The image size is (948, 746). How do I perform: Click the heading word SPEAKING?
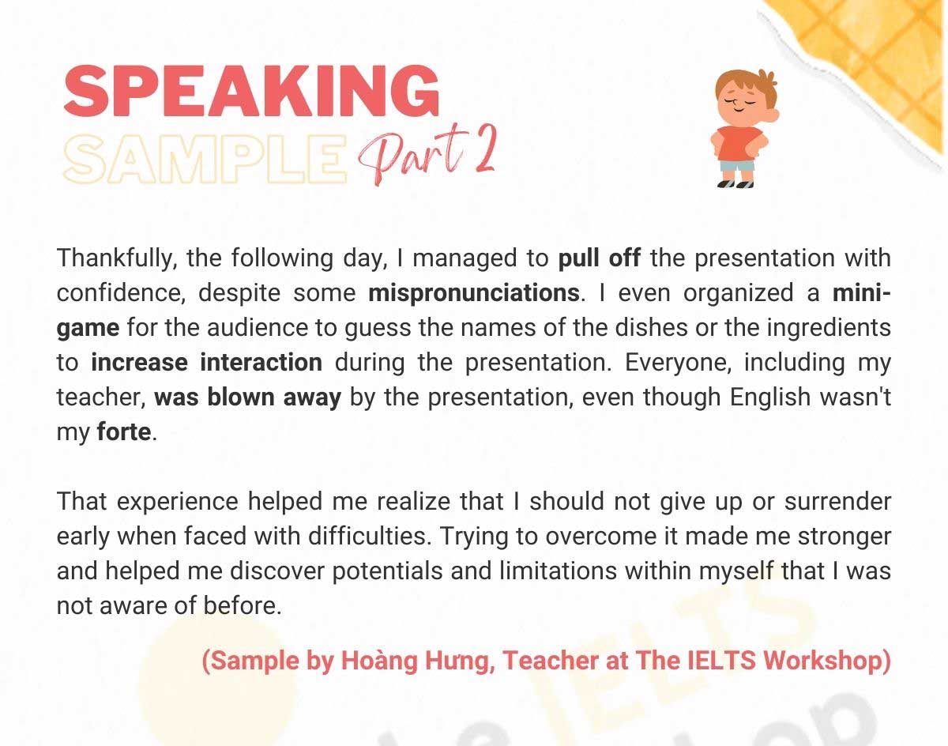251,90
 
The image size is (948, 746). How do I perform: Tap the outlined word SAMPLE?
204,156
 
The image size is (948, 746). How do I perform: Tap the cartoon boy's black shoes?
735,184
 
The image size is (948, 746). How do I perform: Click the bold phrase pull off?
599,258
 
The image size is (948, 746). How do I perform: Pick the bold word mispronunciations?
474,293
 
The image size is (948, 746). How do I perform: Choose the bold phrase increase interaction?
207,363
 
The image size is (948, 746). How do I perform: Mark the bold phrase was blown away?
247,397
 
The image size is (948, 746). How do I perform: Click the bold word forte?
123,432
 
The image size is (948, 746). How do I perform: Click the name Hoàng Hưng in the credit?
416,660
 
